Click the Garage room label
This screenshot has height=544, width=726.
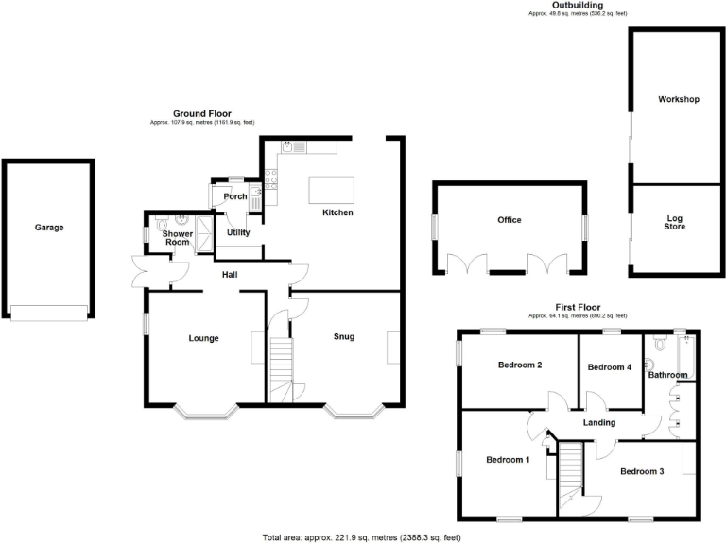coord(49,228)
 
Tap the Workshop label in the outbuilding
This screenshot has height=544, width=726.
coord(679,99)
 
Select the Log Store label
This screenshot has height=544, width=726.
coord(674,223)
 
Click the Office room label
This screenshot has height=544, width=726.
coord(510,220)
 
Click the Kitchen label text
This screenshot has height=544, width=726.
coord(337,212)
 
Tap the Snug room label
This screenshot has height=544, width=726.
coord(343,336)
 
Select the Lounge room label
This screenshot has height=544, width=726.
coord(203,338)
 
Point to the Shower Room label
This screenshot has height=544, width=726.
coord(177,238)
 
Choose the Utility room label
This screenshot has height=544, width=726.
coord(237,232)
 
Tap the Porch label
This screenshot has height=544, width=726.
coord(234,196)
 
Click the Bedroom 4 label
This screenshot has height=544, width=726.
coord(609,367)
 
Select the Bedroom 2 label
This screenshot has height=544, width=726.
coord(519,365)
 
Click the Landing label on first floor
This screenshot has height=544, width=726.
coord(599,422)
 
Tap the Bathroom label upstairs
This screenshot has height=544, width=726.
coord(667,375)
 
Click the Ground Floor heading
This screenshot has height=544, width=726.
coord(201,114)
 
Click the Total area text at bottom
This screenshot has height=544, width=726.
coord(361,537)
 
